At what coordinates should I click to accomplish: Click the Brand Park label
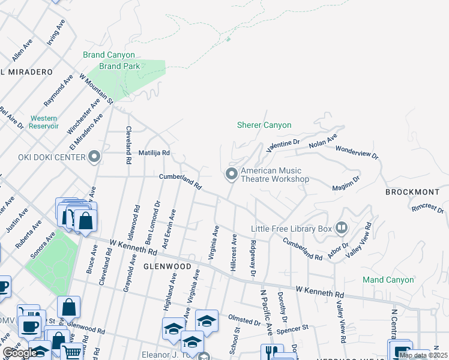(119, 66)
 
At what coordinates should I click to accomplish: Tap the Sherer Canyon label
(264, 125)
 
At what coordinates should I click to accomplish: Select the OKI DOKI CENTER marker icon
(94, 158)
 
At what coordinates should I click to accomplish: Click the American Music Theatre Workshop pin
(232, 174)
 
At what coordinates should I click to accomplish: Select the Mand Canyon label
(388, 280)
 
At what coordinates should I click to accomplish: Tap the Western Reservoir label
(44, 122)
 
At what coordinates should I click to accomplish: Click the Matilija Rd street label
(154, 153)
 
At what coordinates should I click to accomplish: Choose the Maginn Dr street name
(346, 184)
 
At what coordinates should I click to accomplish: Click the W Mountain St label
(96, 88)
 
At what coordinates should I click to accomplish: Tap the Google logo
(20, 353)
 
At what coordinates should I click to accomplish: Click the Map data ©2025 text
(423, 355)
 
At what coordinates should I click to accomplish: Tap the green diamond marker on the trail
(228, 40)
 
